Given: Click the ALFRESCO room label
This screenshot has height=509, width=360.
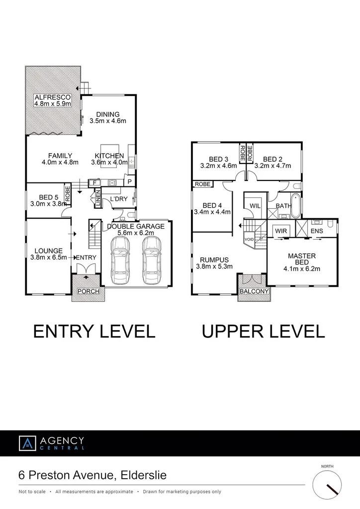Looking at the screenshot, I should click(53, 96).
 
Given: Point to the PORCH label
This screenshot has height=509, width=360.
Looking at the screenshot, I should click(89, 291).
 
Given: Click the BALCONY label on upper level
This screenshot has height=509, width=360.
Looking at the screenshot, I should click(254, 291).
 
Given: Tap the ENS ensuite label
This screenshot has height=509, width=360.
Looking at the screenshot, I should click(316, 231).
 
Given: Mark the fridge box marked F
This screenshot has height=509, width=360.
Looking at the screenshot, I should click(94, 183).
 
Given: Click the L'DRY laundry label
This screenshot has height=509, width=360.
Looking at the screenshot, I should click(118, 199).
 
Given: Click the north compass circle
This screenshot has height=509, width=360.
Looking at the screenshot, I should click(327, 485).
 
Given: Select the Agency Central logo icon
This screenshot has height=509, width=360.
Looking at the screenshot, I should click(27, 443).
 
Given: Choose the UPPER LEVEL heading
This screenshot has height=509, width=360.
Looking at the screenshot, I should click(263, 331).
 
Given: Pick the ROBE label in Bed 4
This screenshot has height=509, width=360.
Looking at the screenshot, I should click(203, 184).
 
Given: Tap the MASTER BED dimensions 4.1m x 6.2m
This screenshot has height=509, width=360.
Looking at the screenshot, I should click(302, 269).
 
